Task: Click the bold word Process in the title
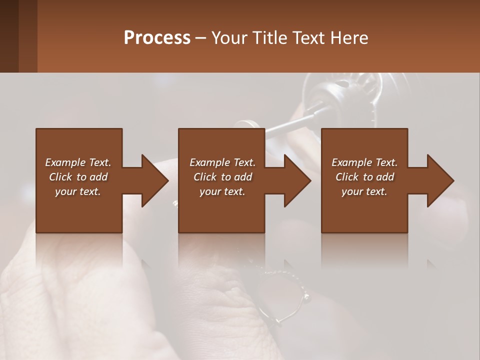[x=157, y=38]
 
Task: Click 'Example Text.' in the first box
[x=78, y=162]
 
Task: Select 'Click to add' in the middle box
[x=222, y=177]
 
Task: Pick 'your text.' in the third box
[x=364, y=191]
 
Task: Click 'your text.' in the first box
[x=78, y=191]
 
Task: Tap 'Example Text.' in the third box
[x=364, y=162]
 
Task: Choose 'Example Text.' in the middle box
[x=222, y=162]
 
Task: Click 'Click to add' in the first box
[x=78, y=177]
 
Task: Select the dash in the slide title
[x=201, y=38]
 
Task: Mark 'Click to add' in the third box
[x=364, y=177]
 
